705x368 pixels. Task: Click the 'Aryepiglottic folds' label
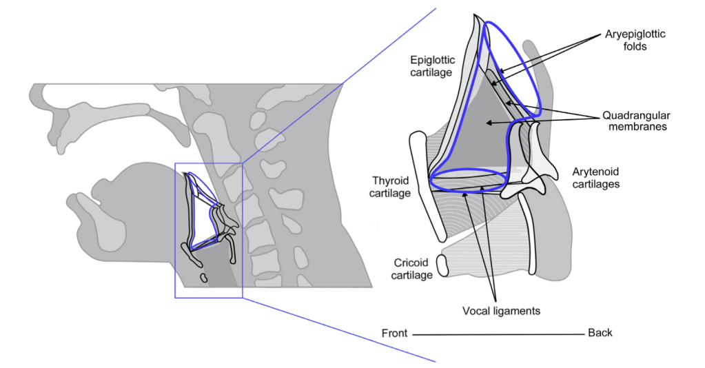(x=635, y=40)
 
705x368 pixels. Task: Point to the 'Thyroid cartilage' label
(x=391, y=187)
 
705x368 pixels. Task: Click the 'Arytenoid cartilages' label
(x=596, y=178)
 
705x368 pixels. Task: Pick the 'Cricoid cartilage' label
(x=412, y=269)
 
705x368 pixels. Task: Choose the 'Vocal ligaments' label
(x=501, y=311)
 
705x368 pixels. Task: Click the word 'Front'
(x=396, y=334)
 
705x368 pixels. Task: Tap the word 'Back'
(x=600, y=333)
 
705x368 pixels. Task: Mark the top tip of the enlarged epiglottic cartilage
(x=475, y=17)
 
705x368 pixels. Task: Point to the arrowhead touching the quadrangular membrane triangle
(x=489, y=123)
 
